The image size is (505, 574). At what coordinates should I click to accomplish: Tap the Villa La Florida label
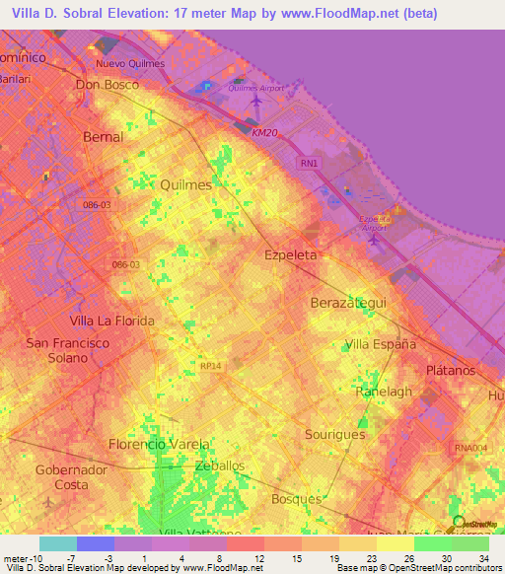(111, 321)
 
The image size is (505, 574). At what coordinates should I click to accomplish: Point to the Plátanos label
(450, 370)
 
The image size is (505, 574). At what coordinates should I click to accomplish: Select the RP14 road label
(209, 365)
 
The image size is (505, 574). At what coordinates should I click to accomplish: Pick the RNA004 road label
(471, 448)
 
